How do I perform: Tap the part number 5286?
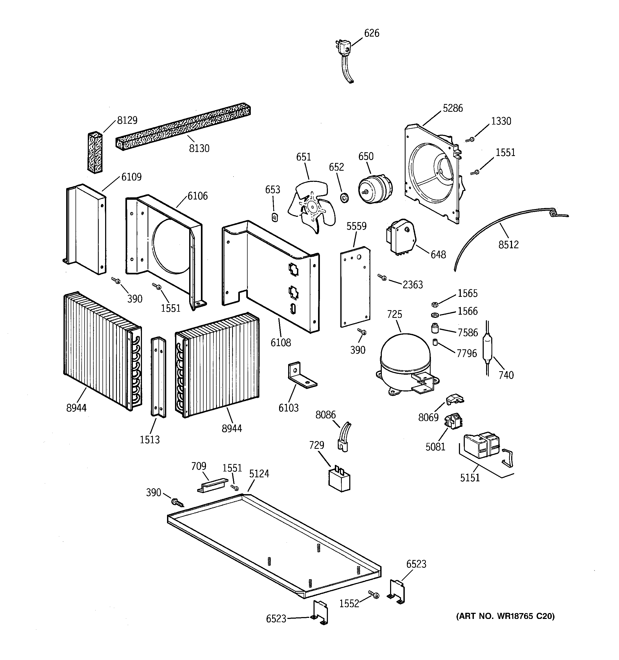pos(453,108)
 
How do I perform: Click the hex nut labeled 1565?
pos(434,304)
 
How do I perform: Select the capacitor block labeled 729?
pos(339,480)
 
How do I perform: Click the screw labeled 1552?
pos(374,595)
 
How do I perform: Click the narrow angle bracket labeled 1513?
pos(158,377)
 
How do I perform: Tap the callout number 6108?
pos(280,343)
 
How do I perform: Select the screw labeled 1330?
pos(470,140)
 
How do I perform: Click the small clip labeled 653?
pos(275,217)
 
